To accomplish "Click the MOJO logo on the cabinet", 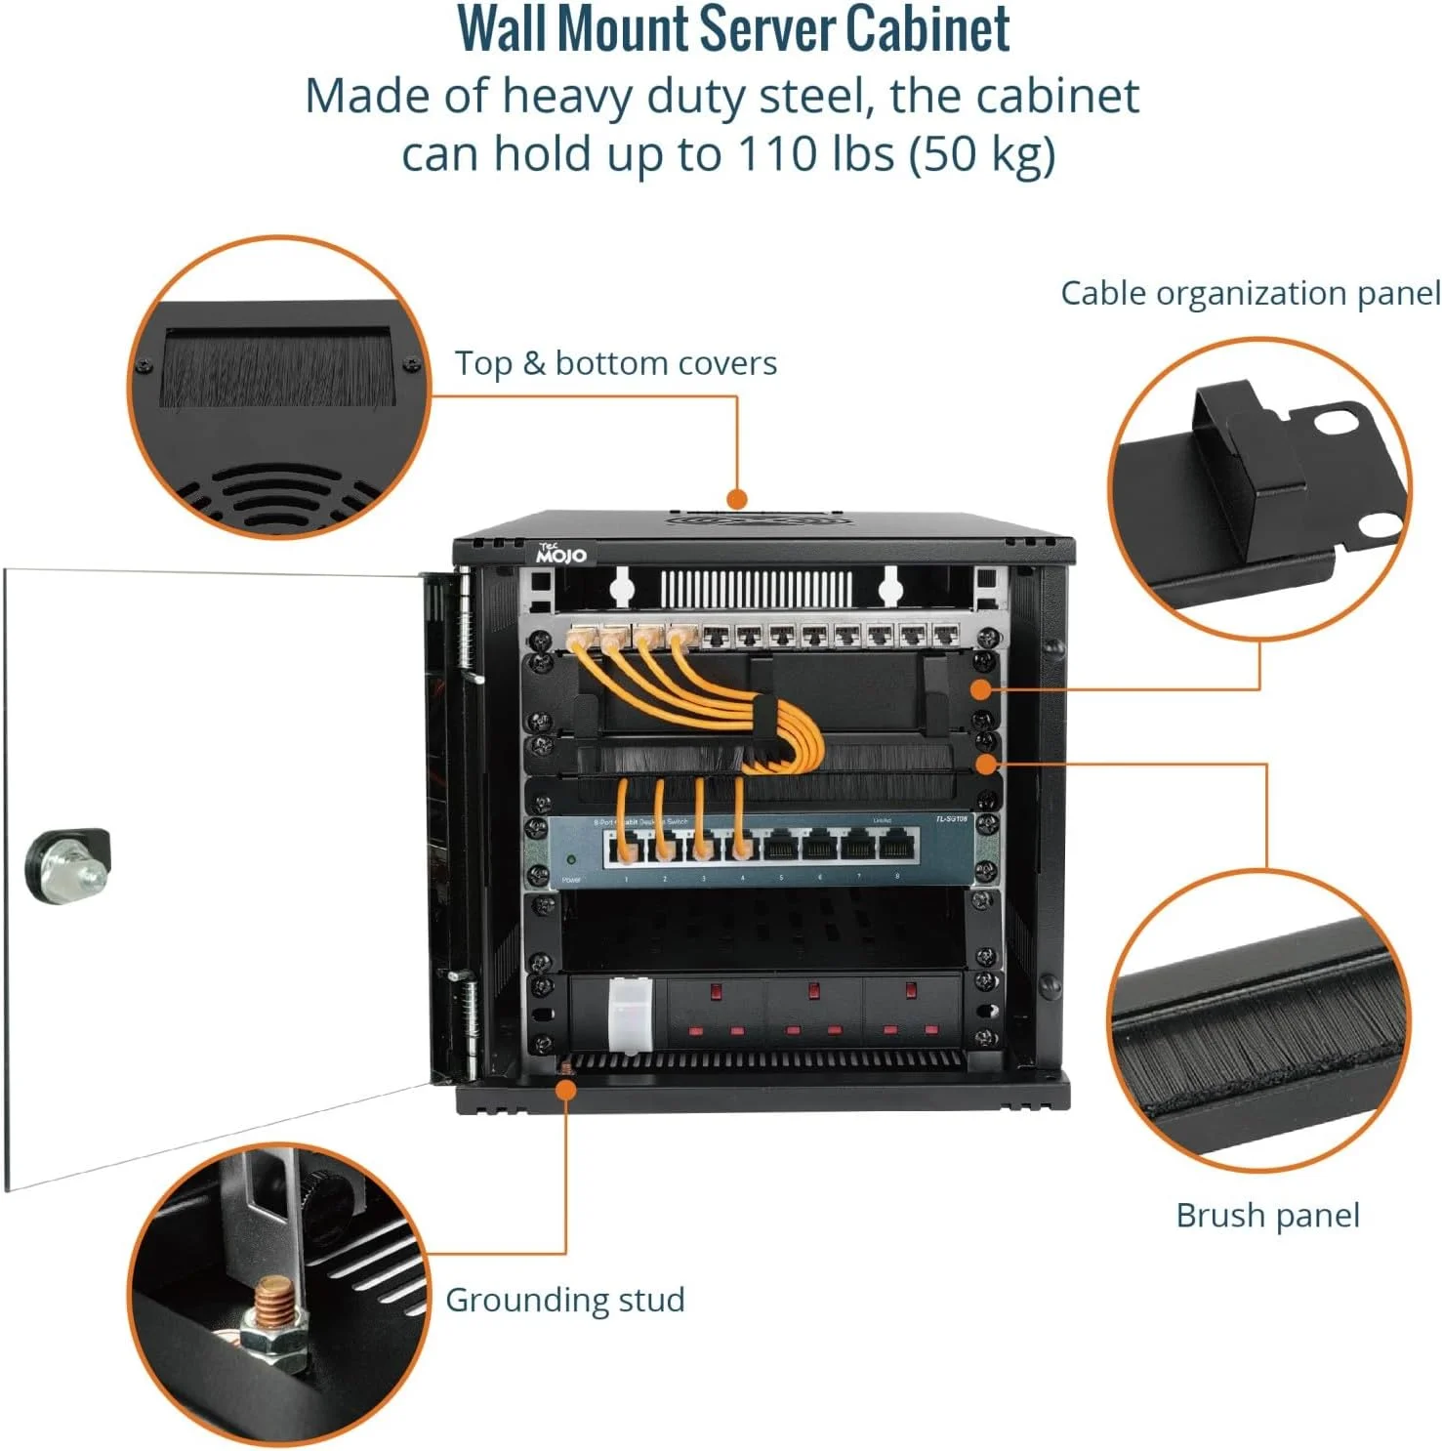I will tap(560, 555).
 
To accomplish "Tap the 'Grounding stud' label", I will tap(564, 1300).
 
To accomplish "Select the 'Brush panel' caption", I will tap(1266, 1215).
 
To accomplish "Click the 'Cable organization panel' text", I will tap(1250, 293).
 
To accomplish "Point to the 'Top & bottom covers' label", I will tap(615, 363).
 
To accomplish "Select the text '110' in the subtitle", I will tap(776, 153).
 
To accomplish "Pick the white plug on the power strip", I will tap(630, 1016).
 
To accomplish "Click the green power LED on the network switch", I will tap(571, 860).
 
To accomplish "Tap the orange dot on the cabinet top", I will tap(737, 499).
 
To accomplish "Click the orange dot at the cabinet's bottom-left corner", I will tap(566, 1088).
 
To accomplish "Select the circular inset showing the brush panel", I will tap(1259, 1020).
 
